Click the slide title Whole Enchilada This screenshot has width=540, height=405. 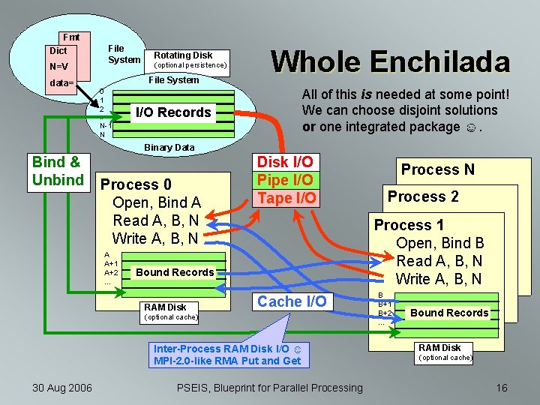tap(390, 61)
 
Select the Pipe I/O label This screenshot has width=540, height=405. tap(284, 180)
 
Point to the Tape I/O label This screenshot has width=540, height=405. tap(284, 197)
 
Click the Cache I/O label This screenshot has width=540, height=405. tap(292, 301)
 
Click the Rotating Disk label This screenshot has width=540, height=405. tap(183, 55)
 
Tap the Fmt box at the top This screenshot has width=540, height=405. tap(72, 37)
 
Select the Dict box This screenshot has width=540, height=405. tap(58, 51)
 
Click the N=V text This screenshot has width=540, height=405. tap(58, 66)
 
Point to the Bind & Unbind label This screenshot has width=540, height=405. tap(58, 171)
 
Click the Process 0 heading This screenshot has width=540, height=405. tap(136, 184)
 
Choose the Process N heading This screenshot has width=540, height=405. tap(437, 169)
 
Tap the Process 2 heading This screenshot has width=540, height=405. tap(422, 196)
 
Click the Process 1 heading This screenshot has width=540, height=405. tap(409, 225)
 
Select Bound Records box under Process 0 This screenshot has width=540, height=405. tap(175, 272)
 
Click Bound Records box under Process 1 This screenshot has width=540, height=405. tap(449, 313)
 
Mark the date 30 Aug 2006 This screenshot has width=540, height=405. tap(62, 387)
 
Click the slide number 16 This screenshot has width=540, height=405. tap(501, 387)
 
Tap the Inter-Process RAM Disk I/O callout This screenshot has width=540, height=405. tap(227, 355)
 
